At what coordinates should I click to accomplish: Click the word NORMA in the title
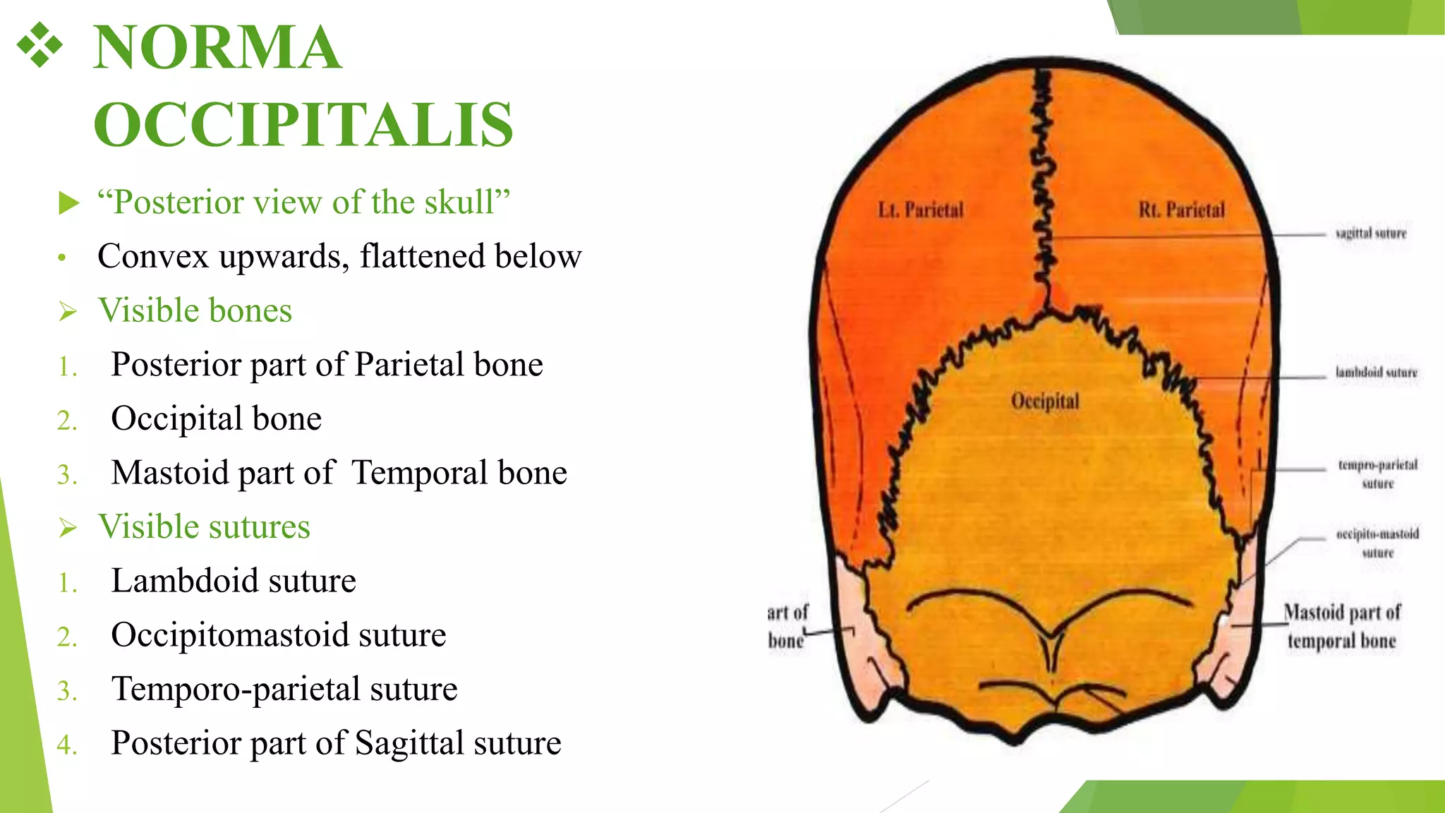coord(217,48)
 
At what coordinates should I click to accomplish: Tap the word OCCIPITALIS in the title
coord(303,125)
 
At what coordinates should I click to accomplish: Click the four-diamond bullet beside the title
coord(40,45)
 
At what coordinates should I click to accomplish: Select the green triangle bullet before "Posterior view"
coord(69,203)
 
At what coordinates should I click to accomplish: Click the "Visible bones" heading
coord(195,311)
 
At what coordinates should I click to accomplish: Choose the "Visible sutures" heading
coord(204,526)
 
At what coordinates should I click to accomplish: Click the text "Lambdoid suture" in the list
coord(234,581)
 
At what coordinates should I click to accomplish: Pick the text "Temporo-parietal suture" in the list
coord(284,689)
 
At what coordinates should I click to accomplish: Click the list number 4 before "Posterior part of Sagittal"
coord(66,745)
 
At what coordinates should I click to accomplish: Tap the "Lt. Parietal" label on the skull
coord(921,210)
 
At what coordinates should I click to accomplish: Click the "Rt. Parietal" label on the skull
coord(1182,210)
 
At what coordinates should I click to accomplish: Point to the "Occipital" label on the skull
coord(1045,401)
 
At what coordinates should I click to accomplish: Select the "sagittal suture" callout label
coord(1371,233)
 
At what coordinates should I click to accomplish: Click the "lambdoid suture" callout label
coord(1376,372)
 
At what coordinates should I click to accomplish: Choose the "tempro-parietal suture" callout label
coord(1377,474)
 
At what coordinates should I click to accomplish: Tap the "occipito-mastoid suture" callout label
coord(1377,543)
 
